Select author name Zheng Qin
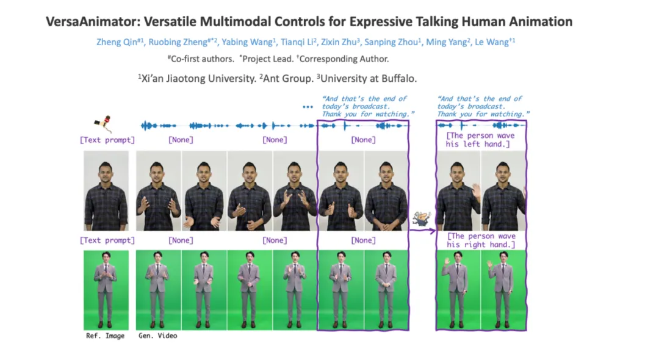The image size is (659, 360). click(x=117, y=42)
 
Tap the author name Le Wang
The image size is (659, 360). click(x=492, y=42)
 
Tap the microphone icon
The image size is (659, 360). click(x=103, y=123)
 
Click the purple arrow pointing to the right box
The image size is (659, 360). click(x=422, y=231)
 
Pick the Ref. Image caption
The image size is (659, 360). click(x=105, y=336)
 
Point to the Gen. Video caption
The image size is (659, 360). click(x=158, y=336)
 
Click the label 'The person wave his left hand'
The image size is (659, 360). click(x=480, y=140)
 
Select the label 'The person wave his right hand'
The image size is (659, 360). click(x=481, y=240)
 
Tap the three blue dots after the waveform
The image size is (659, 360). click(x=308, y=107)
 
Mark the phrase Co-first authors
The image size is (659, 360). click(x=203, y=59)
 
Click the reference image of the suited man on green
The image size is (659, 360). click(x=106, y=290)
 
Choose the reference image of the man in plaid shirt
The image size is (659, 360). click(x=106, y=191)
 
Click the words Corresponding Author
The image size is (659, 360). click(x=344, y=59)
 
